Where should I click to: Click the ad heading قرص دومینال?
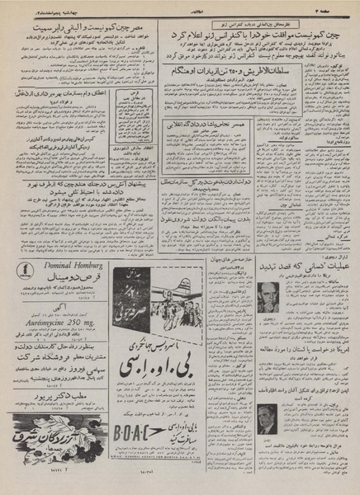pyautogui.click(x=61, y=303)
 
